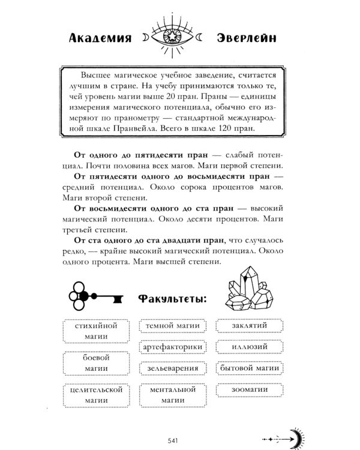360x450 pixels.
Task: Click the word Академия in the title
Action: coord(98,39)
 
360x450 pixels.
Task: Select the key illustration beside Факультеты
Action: coord(96,295)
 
